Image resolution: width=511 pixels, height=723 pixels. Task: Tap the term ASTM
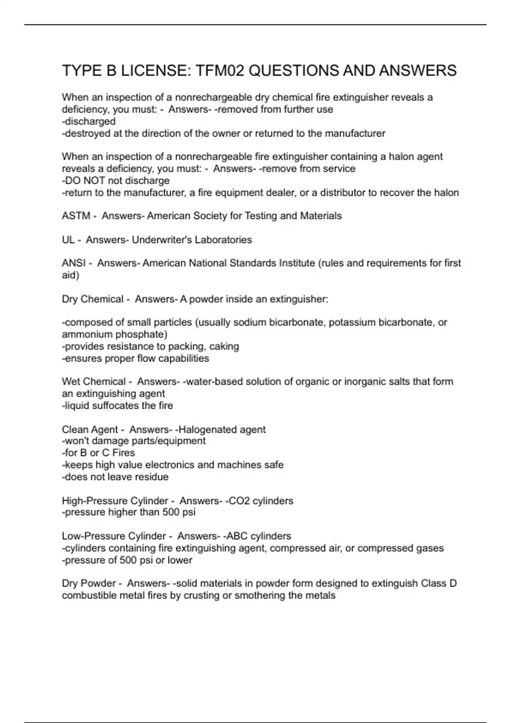pos(76,216)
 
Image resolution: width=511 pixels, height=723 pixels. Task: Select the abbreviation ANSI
pos(74,263)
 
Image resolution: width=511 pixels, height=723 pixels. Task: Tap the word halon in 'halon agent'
pos(402,157)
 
